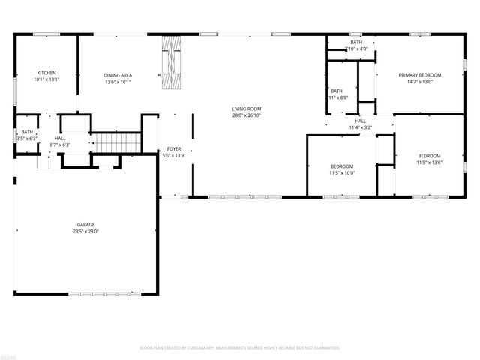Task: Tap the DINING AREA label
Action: point(118,75)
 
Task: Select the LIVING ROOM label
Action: point(246,109)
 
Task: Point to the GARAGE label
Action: point(85,225)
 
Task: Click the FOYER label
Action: point(174,150)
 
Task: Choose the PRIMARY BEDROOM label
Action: point(419,75)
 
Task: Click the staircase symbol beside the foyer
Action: point(115,141)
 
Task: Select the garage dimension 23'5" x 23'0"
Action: point(85,232)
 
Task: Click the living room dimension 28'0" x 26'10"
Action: point(246,115)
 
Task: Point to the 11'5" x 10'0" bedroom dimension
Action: point(342,173)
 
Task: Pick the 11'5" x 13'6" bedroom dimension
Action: point(429,163)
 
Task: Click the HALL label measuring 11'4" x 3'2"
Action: point(360,121)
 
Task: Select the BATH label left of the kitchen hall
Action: point(26,132)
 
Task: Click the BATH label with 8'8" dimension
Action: point(337,91)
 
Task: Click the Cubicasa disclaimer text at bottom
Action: point(240,348)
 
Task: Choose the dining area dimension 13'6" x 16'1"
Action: point(118,82)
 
